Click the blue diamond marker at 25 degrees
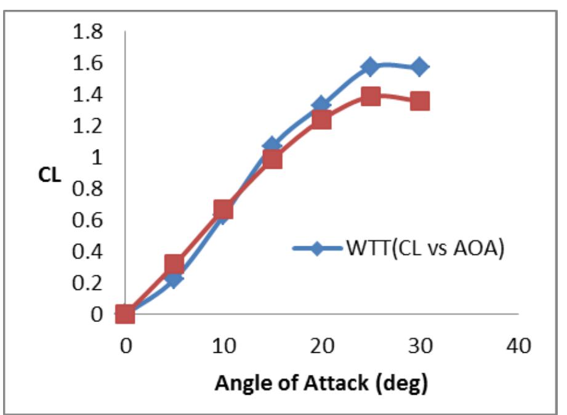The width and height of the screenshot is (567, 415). [x=370, y=66]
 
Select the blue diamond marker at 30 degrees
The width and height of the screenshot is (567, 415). [x=420, y=67]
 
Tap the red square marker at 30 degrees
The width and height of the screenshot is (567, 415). [x=420, y=101]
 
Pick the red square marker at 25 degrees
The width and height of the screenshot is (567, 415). [x=370, y=96]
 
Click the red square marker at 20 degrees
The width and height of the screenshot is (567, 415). [x=321, y=119]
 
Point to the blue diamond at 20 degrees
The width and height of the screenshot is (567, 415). [x=321, y=105]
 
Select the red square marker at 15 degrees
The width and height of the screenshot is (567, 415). [x=272, y=159]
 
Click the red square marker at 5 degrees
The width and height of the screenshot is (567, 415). [x=174, y=265]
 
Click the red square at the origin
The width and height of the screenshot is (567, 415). [x=125, y=314]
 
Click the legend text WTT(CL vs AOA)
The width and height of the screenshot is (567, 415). [x=425, y=248]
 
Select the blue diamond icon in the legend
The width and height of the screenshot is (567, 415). [x=317, y=249]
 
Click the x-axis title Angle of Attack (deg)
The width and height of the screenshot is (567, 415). [x=321, y=384]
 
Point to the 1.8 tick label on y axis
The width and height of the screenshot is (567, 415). [x=88, y=32]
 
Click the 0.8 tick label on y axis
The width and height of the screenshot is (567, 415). [x=88, y=188]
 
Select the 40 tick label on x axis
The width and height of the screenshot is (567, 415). [x=518, y=346]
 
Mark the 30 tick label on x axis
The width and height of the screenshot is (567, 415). [x=420, y=346]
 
